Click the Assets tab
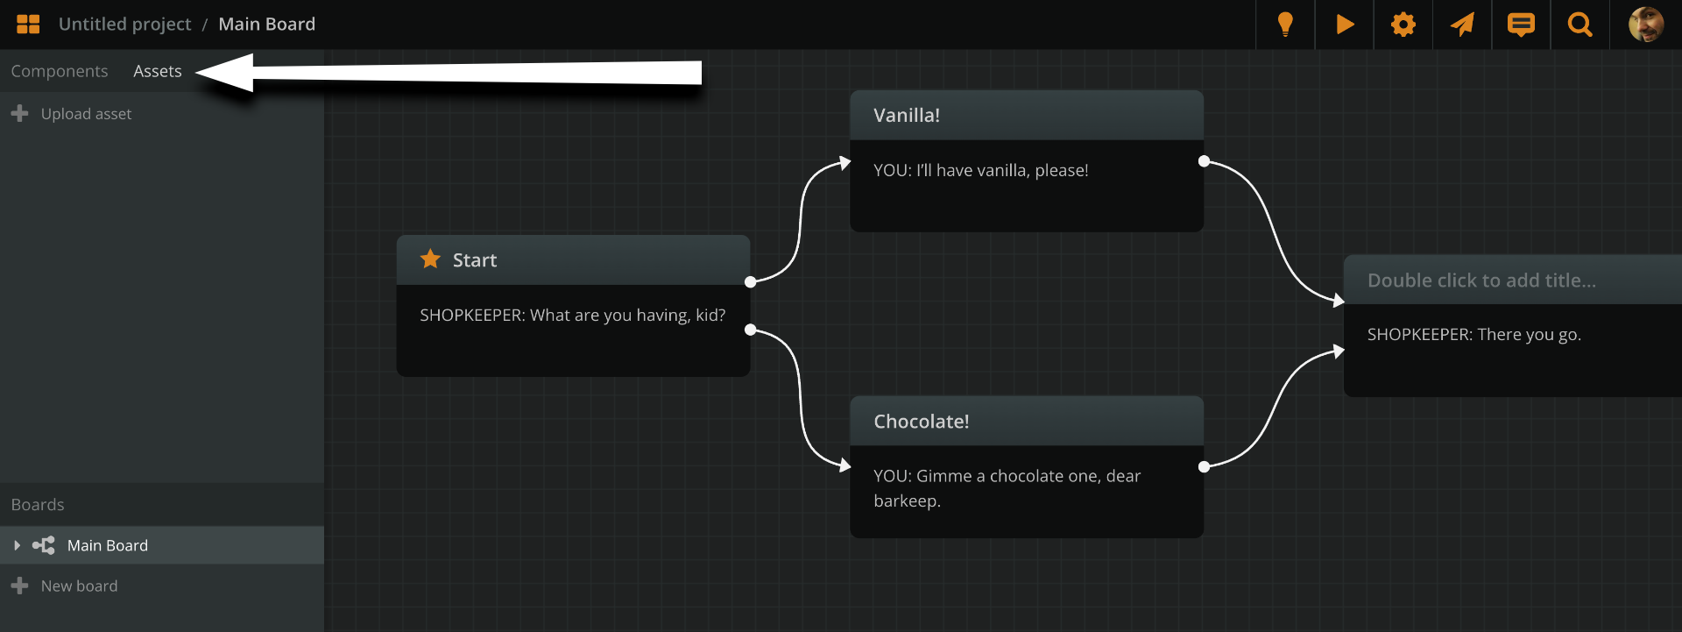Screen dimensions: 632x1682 pos(158,71)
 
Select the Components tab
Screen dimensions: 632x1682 pos(60,71)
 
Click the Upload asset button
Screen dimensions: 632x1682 pos(85,114)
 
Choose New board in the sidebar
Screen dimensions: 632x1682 pos(78,586)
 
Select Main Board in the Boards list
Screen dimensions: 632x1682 pos(108,545)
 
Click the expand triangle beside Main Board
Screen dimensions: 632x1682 pos(17,545)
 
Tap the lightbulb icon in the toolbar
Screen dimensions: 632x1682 pos(1285,24)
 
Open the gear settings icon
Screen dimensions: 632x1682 pos(1403,24)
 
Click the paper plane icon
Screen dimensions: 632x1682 pos(1462,24)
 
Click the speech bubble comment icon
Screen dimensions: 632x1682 pos(1521,24)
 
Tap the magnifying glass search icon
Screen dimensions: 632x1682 pos(1580,24)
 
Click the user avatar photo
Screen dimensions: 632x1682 pos(1645,24)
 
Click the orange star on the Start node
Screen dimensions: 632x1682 pos(430,259)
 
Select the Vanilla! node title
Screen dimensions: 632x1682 pos(907,115)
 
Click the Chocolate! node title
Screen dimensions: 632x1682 pos(921,422)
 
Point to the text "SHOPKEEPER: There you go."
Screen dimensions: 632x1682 pos(1474,335)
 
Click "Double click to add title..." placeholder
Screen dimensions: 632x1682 pos(1481,280)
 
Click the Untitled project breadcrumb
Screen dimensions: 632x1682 pos(124,24)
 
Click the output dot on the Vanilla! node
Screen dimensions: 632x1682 pos(1204,161)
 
